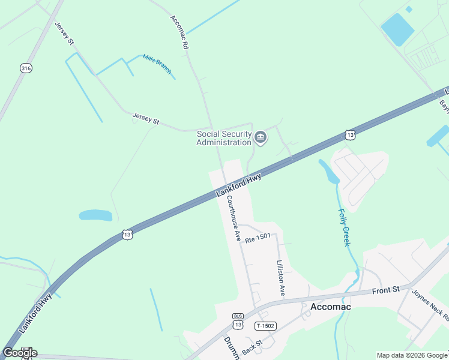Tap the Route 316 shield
tap(25, 68)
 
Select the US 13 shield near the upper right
tap(350, 134)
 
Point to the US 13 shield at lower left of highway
tap(126, 235)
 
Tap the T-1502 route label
tap(265, 326)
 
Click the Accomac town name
tap(330, 307)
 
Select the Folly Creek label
tap(343, 227)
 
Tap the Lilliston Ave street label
tap(280, 277)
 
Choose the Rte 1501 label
tap(258, 238)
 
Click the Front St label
tap(385, 290)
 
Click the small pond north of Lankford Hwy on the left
tap(95, 215)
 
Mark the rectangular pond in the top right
tap(397, 29)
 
